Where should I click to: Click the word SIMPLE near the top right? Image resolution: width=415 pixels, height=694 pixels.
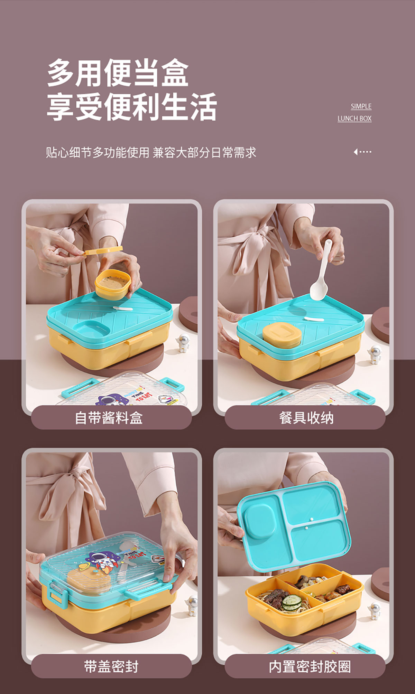click(x=361, y=106)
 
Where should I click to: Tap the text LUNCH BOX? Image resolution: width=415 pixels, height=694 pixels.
click(x=354, y=118)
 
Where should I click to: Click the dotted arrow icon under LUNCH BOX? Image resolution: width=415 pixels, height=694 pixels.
click(x=362, y=152)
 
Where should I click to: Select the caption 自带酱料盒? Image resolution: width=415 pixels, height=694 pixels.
click(x=109, y=418)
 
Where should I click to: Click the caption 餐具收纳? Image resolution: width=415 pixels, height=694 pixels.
click(x=306, y=418)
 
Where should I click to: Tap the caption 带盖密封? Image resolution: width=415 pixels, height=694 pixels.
click(x=111, y=666)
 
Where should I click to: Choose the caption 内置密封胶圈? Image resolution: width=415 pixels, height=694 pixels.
click(x=310, y=666)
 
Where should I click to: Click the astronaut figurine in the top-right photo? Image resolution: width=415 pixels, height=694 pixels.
click(x=375, y=354)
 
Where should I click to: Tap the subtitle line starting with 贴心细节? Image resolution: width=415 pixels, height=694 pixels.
click(x=151, y=152)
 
